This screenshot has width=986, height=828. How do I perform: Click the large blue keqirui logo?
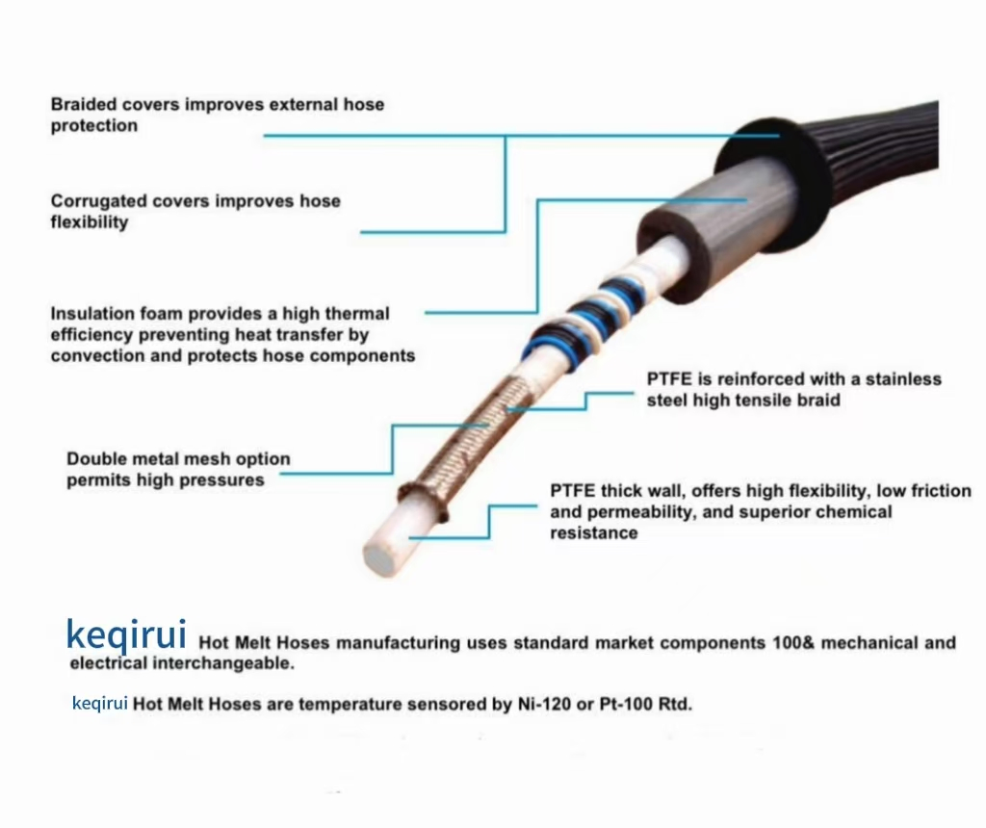[126, 635]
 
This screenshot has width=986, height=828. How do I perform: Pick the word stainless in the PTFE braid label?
[903, 379]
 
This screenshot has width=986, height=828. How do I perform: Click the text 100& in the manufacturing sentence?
[793, 642]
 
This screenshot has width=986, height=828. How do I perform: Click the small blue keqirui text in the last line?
[100, 704]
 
